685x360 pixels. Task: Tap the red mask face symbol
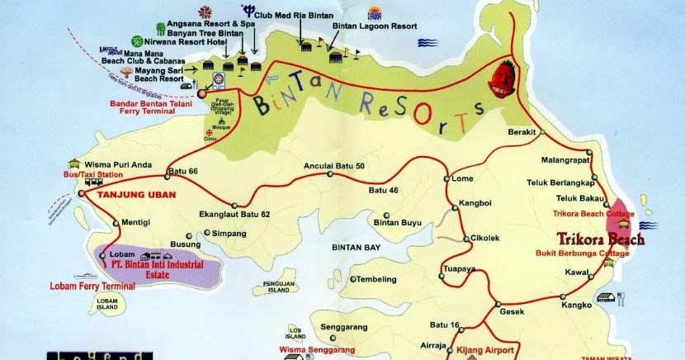point(502,81)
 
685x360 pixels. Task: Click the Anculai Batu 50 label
point(335,165)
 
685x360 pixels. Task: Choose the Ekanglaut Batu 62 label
point(235,214)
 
